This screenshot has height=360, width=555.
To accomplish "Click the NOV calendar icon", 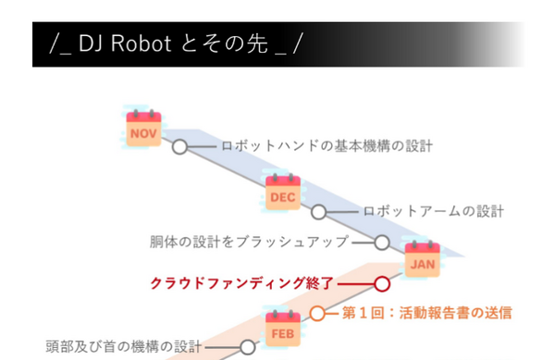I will click(x=143, y=130).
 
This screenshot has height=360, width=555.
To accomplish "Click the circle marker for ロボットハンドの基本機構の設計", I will click(x=179, y=146).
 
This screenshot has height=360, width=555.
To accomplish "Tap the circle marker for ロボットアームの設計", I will click(x=319, y=212).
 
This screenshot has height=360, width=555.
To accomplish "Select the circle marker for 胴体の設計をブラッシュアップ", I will click(x=381, y=242).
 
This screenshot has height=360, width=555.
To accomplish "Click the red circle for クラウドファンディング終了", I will click(x=381, y=283).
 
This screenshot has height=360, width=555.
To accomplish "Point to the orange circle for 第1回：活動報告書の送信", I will click(x=318, y=313).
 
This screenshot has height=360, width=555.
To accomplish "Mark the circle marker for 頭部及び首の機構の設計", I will click(x=248, y=348).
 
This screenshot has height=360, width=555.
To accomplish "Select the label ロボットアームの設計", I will click(x=433, y=212).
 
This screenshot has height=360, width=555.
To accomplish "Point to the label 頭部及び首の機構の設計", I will click(x=124, y=348).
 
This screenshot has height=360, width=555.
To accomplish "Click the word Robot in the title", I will click(x=136, y=43).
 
